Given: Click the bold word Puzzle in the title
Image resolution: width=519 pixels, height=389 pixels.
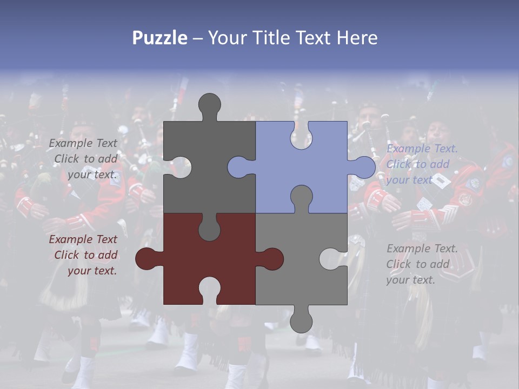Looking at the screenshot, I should (x=160, y=38).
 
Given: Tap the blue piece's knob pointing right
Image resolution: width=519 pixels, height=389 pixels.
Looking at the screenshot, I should (x=363, y=167).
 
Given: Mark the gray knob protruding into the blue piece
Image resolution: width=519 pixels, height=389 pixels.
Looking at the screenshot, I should (x=301, y=197).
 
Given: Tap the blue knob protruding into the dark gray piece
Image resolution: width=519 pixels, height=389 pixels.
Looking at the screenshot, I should (x=239, y=167).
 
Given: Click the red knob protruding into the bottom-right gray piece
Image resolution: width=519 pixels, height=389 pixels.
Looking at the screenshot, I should (x=271, y=259).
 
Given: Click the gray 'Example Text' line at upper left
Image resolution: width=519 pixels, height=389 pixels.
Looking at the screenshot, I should (x=83, y=143).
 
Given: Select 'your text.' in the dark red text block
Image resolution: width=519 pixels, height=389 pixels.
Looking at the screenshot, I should (x=92, y=271).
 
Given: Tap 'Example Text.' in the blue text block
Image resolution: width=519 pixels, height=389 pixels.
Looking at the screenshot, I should (x=422, y=149).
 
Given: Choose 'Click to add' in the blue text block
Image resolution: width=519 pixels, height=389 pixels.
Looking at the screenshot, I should (x=417, y=164).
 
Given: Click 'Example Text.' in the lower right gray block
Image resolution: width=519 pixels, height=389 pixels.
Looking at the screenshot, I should (x=422, y=249).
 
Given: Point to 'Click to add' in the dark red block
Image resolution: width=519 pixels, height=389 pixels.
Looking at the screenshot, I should (x=85, y=255).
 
